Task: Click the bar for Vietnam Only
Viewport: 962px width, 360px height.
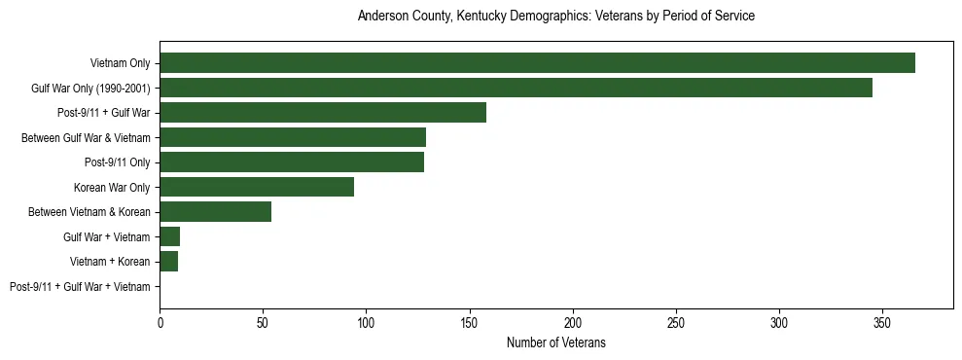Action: click(x=537, y=63)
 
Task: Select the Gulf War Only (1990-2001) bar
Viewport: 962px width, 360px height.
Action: click(x=516, y=89)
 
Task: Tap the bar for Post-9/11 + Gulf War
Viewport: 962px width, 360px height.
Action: click(x=323, y=113)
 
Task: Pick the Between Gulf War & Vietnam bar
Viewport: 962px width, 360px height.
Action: click(x=293, y=137)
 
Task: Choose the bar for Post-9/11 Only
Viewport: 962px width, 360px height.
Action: click(x=292, y=162)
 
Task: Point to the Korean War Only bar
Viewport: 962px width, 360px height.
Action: click(x=257, y=187)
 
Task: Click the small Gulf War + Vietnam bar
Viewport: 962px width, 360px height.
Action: click(x=170, y=236)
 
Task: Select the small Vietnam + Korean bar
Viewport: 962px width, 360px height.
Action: click(x=169, y=262)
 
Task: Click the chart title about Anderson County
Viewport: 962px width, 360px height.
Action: click(x=556, y=17)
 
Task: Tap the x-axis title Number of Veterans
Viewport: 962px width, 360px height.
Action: click(x=556, y=342)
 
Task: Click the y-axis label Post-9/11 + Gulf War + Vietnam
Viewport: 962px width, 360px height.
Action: click(x=80, y=287)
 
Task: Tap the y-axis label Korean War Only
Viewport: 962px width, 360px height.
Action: click(x=112, y=187)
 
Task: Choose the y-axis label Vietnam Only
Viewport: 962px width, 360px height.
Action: click(x=120, y=63)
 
